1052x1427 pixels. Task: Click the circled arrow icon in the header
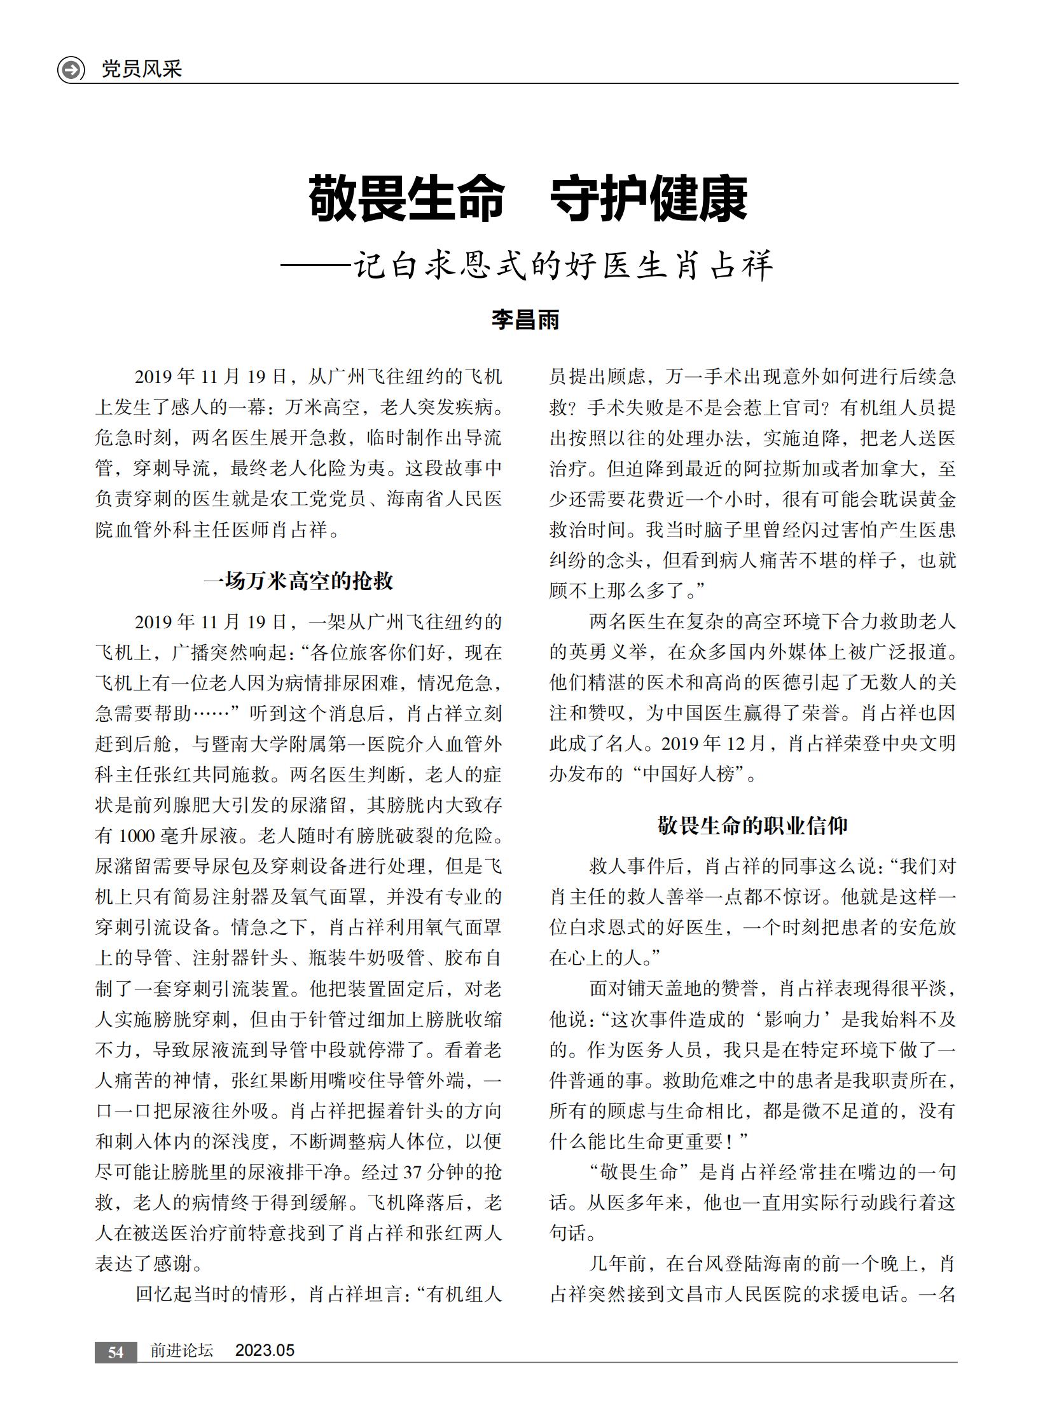click(x=71, y=69)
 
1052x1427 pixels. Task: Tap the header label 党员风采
click(x=142, y=69)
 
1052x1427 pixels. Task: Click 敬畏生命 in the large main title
click(x=406, y=199)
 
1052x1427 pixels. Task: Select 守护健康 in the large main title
click(x=648, y=199)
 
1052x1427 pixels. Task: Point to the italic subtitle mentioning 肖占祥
click(x=527, y=266)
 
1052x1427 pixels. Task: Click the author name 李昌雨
click(x=525, y=320)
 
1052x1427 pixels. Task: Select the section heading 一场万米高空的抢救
click(x=299, y=581)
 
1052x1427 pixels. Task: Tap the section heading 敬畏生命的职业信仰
click(x=752, y=826)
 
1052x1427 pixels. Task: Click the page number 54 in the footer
click(x=115, y=1352)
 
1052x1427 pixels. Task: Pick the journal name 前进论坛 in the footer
click(x=181, y=1351)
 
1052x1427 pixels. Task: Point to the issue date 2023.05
click(x=265, y=1351)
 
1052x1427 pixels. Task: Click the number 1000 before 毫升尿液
click(x=137, y=836)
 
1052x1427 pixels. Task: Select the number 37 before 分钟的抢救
click(x=413, y=1172)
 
